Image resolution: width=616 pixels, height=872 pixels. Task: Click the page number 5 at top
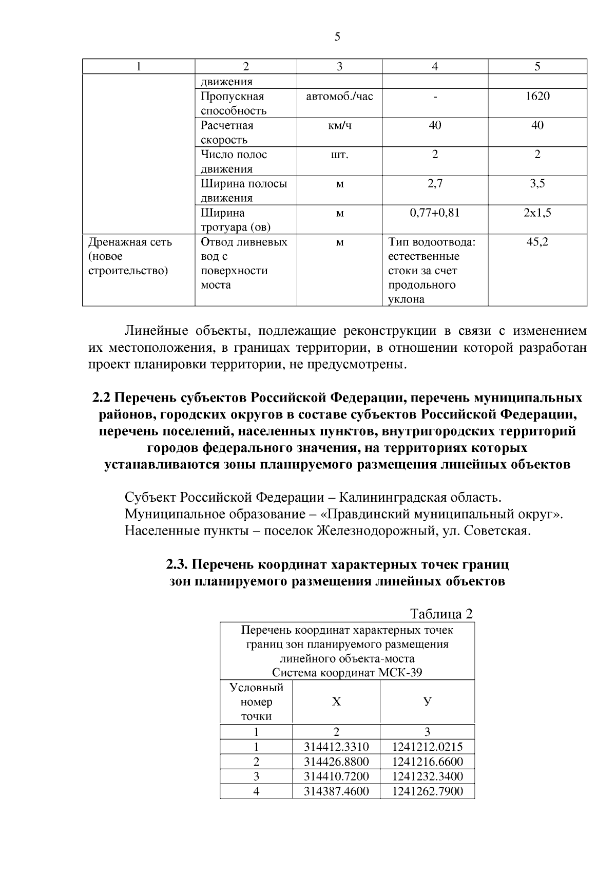[x=337, y=37]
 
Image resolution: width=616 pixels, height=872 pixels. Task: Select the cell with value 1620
[x=537, y=96]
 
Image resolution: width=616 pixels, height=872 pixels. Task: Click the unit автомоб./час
[x=339, y=96]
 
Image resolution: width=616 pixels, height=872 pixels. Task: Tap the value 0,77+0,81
[x=435, y=213]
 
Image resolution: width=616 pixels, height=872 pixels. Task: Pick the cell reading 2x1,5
[x=537, y=213]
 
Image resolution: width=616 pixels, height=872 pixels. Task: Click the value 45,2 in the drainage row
[x=537, y=242]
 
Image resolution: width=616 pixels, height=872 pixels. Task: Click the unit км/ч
[x=339, y=125]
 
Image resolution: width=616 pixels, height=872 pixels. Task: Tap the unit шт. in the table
[x=339, y=155]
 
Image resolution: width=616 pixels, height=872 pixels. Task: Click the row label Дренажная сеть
[x=130, y=242]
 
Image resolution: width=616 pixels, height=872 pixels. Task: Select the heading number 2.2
[x=102, y=398]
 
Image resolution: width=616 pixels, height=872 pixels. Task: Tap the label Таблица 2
[x=441, y=614]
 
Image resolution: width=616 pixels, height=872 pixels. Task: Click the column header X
[x=336, y=702]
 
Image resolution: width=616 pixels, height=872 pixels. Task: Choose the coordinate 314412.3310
[x=336, y=747]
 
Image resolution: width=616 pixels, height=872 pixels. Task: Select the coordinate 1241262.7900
[x=427, y=791]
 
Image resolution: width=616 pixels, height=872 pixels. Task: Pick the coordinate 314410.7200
[x=336, y=776]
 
